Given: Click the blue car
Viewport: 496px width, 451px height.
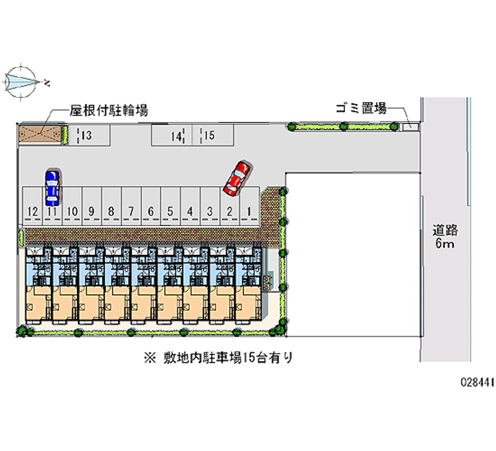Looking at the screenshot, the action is (52, 188).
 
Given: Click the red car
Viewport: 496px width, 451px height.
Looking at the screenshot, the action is (237, 177).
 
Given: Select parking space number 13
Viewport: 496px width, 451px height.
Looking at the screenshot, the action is (87, 136).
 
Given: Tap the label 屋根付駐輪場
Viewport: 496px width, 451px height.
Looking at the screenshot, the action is (108, 110).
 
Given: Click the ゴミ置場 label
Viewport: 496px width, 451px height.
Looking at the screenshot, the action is (361, 109).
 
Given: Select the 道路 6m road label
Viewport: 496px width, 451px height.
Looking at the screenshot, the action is (445, 237).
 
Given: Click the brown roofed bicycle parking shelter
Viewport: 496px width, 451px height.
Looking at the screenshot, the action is (40, 135).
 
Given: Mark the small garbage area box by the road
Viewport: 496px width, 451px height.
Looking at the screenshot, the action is (409, 127).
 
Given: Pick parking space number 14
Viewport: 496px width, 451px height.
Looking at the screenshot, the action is (175, 136).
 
